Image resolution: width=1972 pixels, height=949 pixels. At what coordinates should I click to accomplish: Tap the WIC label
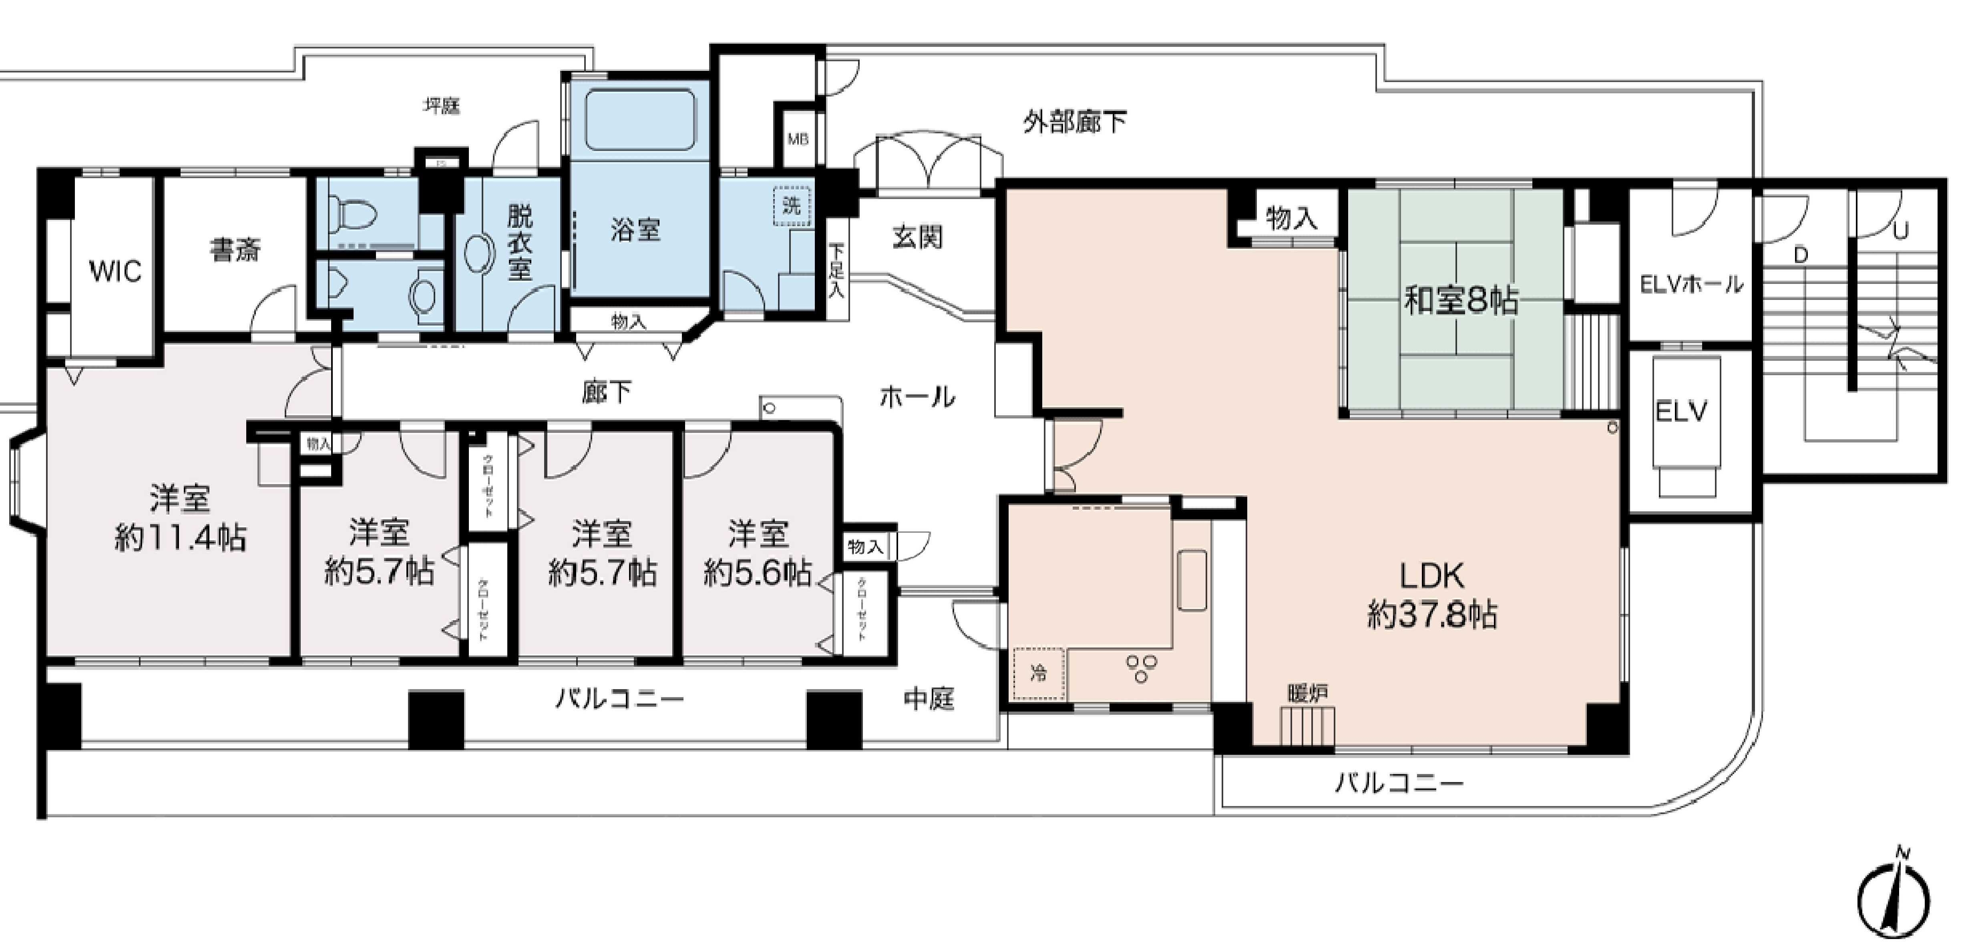(115, 272)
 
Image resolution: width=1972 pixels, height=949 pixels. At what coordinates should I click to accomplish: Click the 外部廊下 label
(1075, 122)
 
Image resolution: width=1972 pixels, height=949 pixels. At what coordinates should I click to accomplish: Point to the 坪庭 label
(442, 106)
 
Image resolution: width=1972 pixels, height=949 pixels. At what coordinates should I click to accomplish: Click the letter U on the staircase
(1900, 229)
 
